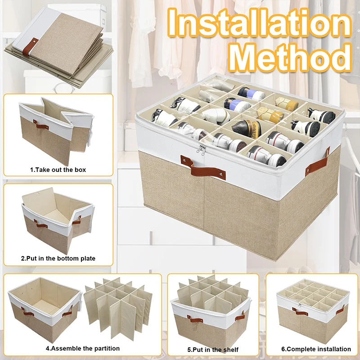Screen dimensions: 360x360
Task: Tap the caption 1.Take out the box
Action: (x=58, y=170)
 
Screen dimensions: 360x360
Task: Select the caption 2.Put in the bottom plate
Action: (x=58, y=258)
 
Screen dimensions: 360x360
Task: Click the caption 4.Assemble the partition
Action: (x=82, y=348)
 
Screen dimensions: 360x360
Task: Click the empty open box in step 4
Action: (x=43, y=306)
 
